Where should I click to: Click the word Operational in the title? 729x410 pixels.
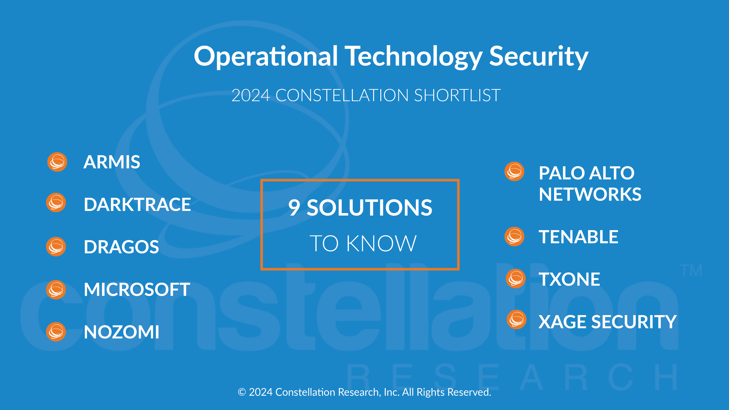pyautogui.click(x=266, y=57)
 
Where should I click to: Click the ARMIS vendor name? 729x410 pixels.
pyautogui.click(x=112, y=162)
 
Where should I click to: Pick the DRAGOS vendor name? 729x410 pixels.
pyautogui.click(x=121, y=247)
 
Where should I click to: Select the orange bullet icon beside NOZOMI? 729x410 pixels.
pyautogui.click(x=56, y=332)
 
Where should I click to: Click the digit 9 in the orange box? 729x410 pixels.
pyautogui.click(x=294, y=207)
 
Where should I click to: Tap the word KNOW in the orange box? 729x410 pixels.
pyautogui.click(x=381, y=243)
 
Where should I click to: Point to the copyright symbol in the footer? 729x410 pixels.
pyautogui.click(x=242, y=392)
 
